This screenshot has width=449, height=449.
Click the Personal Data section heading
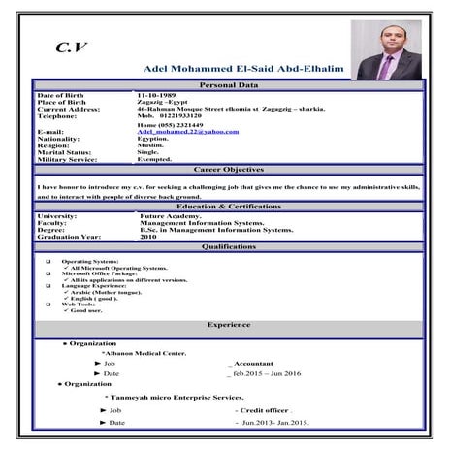coord(229,86)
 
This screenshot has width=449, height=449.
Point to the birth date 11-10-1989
coord(158,95)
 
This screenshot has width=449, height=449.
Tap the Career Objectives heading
coord(229,169)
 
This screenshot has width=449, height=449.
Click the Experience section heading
coord(229,324)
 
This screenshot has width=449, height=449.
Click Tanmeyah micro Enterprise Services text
coord(174,399)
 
